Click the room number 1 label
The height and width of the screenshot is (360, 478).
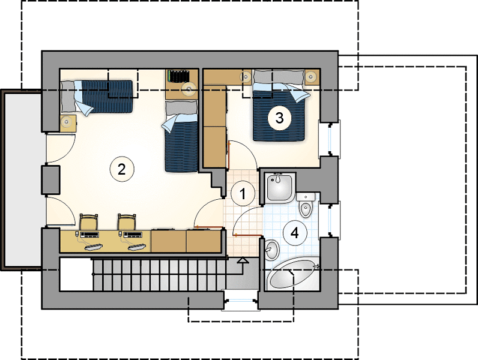point(243,193)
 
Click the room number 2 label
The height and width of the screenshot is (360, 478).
point(122,169)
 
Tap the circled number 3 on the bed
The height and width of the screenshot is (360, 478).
point(280,118)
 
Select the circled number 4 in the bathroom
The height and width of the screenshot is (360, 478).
point(294,233)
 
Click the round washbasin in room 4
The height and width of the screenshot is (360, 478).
point(271,250)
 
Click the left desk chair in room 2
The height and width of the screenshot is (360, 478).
point(89,222)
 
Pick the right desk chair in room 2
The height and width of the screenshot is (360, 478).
point(127,222)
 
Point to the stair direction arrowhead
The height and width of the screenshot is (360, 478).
point(243,260)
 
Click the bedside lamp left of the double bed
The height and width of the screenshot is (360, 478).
point(246,77)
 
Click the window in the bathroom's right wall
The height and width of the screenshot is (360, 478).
point(330,218)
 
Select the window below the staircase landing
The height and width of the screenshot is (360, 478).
point(241,301)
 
